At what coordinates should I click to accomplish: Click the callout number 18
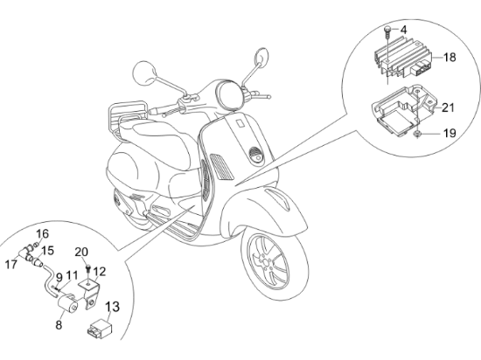point(450,58)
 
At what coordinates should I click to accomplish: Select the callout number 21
point(448,107)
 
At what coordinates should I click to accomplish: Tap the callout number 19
point(450,134)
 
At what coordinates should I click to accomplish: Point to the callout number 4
point(404,30)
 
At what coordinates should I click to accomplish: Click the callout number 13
point(113,307)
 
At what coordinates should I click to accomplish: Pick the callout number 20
point(81,252)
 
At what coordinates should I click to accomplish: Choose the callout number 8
point(59,325)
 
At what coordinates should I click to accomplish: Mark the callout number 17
point(11,264)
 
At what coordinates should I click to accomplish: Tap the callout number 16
point(43,234)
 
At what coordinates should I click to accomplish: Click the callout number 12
point(100,272)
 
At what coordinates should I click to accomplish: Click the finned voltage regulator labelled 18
point(403,59)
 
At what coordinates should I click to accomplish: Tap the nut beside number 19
point(417,134)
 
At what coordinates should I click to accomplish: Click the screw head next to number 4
point(387,30)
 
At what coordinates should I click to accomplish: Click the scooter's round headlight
point(229,93)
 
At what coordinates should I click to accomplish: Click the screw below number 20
point(88,270)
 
